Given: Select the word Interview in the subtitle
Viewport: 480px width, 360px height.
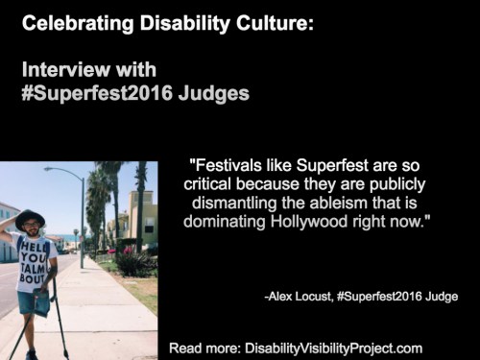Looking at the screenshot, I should (61, 71).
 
